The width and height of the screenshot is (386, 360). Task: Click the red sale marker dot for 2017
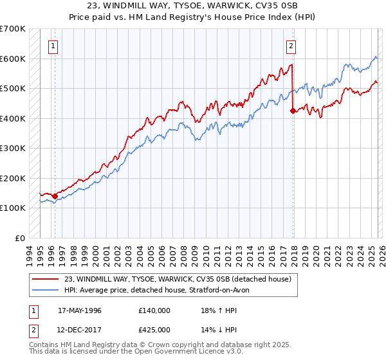pyautogui.click(x=293, y=111)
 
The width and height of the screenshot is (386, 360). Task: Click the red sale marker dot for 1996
pyautogui.click(x=55, y=196)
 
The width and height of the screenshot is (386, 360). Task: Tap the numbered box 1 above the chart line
pyautogui.click(x=52, y=46)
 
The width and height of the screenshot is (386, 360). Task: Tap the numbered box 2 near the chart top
pyautogui.click(x=291, y=46)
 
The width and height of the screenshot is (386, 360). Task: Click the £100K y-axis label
pyautogui.click(x=13, y=208)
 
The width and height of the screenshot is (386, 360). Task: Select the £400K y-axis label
pyautogui.click(x=13, y=118)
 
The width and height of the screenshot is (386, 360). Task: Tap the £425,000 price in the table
pyautogui.click(x=154, y=331)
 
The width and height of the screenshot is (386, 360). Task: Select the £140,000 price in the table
pyautogui.click(x=154, y=310)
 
